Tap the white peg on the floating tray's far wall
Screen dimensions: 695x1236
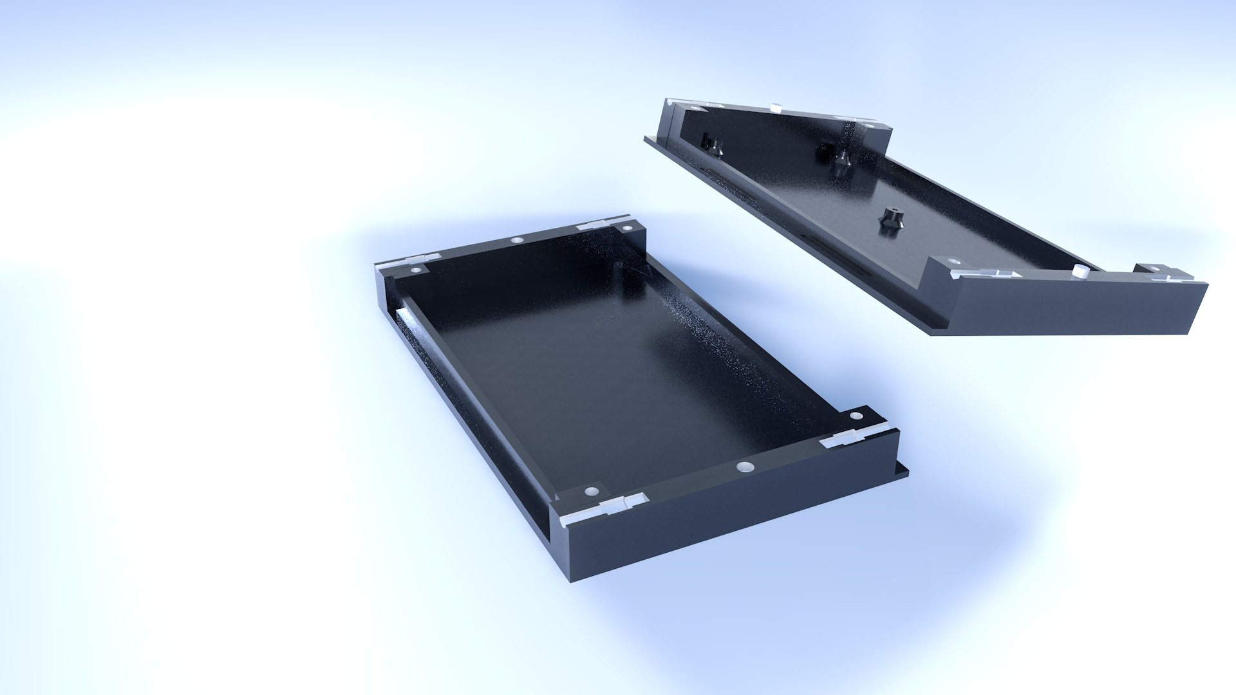776,107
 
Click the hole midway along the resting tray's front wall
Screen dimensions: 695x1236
745,466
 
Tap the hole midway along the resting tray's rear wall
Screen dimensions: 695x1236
517,241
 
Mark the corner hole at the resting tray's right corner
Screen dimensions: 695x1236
856,416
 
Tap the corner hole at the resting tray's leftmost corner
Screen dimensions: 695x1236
416,270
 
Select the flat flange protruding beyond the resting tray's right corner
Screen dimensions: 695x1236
903,470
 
